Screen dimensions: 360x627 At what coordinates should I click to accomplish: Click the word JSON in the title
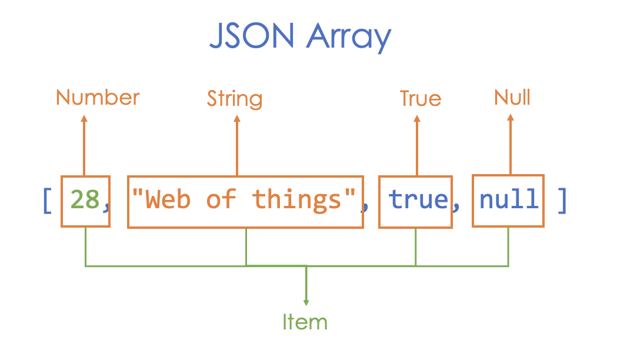tap(251, 37)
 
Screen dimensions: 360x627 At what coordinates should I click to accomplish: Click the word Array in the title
tap(349, 38)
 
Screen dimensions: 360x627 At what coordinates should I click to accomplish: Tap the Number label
tap(98, 97)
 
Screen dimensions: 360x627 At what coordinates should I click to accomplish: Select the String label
tap(234, 99)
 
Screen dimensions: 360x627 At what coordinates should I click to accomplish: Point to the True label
tap(420, 98)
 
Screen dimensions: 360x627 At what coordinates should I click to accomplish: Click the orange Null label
tap(512, 97)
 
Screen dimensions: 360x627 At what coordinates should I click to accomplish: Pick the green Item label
tap(305, 322)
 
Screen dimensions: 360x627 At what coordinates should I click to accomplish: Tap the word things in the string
tap(297, 200)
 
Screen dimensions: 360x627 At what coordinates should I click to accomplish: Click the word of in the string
tap(221, 200)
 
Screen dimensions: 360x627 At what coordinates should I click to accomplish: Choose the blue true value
tap(418, 200)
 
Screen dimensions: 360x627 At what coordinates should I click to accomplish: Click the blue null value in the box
tap(509, 200)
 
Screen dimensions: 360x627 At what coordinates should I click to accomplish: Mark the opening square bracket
tap(48, 200)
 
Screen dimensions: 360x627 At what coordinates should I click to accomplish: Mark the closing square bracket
tap(562, 200)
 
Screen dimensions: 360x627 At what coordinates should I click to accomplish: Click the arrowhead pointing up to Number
tap(84, 118)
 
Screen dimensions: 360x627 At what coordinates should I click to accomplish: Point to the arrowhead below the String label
tap(237, 118)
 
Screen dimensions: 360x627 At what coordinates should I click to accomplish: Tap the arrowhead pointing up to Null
tap(510, 117)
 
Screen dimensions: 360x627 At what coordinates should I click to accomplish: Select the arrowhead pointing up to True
tap(417, 118)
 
